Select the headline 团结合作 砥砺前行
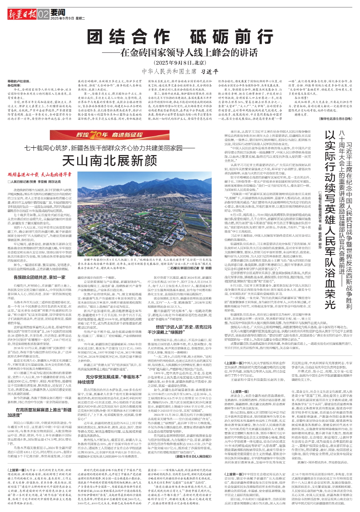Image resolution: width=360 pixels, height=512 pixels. [x=180, y=37]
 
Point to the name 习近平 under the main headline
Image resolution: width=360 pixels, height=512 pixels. [x=209, y=71]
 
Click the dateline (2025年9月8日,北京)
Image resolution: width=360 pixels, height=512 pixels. [x=180, y=62]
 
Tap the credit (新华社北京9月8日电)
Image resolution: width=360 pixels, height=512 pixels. [x=336, y=119]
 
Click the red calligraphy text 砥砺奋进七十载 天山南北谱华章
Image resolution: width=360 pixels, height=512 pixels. [x=40, y=175]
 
